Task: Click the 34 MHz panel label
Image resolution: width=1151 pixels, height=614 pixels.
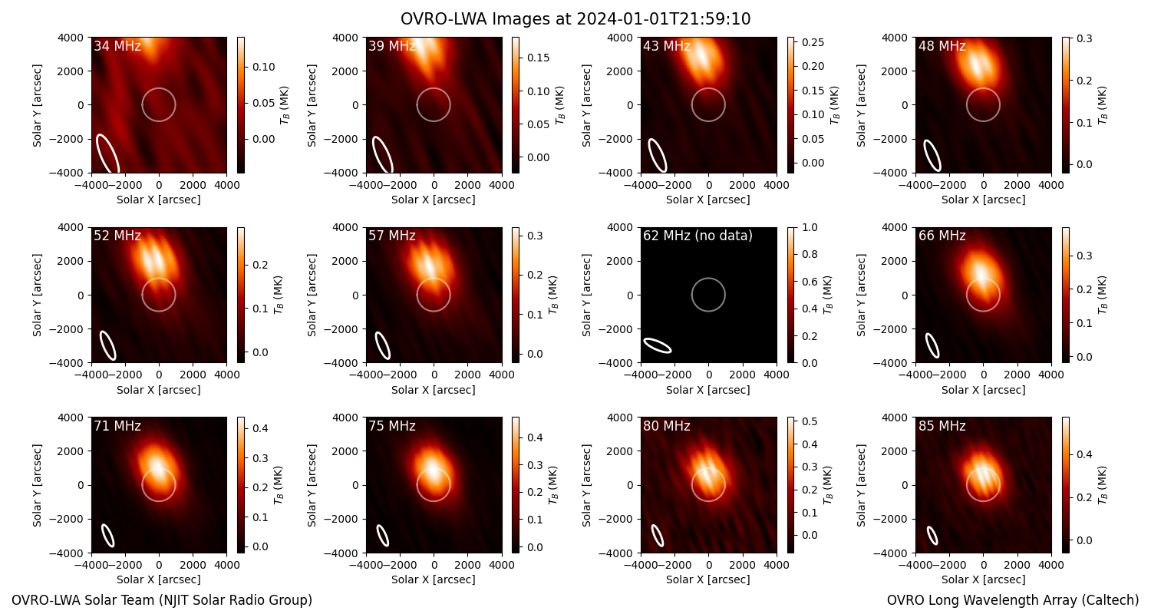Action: (117, 46)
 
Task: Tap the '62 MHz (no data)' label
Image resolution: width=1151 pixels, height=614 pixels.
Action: (698, 236)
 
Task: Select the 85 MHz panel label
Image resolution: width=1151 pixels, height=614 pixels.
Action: (942, 426)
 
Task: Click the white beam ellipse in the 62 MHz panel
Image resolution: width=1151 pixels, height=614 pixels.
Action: (657, 346)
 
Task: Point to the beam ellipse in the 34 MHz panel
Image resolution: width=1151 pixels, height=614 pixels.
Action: (108, 153)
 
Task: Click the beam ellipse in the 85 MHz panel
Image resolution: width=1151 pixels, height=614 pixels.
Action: (932, 536)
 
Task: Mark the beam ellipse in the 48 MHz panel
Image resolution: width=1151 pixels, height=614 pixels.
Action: (932, 155)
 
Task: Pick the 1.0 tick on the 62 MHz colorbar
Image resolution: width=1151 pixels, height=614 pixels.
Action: (810, 227)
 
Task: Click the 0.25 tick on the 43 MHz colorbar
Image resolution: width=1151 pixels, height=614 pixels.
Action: (813, 42)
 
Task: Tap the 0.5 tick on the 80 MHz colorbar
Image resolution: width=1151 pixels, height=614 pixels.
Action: (810, 421)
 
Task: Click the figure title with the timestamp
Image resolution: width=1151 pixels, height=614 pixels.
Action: (575, 18)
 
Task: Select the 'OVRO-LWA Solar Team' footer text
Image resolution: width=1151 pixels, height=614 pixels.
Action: (162, 600)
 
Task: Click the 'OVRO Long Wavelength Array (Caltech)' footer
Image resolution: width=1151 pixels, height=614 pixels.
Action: (1013, 600)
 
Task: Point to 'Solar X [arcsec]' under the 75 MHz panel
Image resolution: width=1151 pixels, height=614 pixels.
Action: (434, 579)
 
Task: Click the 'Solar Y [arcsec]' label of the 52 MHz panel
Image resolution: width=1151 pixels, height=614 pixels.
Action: (37, 295)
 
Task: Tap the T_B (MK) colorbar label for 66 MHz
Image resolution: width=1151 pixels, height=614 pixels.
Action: (1102, 295)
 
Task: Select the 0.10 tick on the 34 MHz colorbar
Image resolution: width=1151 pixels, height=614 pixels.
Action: (264, 67)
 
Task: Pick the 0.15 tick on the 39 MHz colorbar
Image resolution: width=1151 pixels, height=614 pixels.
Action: (538, 58)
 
